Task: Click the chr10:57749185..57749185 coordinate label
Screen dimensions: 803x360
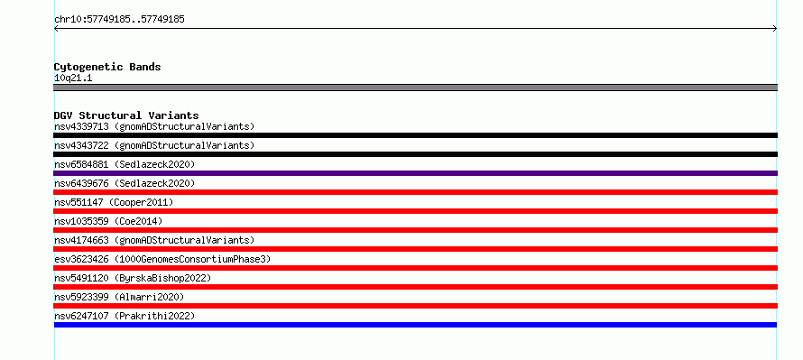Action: pos(119,20)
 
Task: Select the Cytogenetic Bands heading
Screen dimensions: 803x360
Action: pos(107,67)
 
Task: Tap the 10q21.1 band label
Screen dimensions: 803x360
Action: pos(73,78)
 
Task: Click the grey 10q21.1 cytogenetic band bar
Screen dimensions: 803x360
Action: pos(415,88)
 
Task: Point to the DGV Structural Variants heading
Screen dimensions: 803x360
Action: pos(126,115)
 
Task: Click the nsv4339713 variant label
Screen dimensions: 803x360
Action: pos(154,126)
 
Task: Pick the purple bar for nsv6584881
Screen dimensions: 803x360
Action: pos(415,173)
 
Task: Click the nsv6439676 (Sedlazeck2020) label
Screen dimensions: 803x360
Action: pos(125,183)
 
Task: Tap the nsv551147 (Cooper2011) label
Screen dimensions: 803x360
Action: pos(114,202)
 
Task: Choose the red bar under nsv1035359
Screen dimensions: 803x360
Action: pos(415,230)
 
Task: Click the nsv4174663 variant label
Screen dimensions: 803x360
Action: pos(154,240)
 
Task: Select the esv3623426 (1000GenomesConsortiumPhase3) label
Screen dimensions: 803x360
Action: pos(162,259)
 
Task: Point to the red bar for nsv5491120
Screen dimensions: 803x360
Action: pos(415,287)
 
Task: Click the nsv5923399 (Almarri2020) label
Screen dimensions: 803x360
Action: pos(119,297)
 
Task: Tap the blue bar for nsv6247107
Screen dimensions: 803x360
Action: pos(415,325)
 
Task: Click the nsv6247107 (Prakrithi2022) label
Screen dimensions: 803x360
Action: pos(125,316)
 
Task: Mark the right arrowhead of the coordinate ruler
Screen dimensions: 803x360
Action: pos(776,29)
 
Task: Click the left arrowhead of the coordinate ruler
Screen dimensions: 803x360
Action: pos(55,29)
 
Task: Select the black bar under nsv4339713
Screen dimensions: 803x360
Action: pos(415,135)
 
